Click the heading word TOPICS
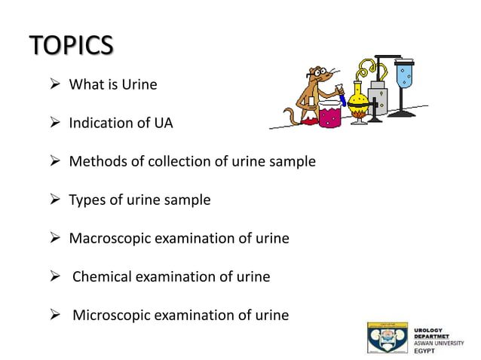point(72,46)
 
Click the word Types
point(87,200)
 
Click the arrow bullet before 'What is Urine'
point(54,84)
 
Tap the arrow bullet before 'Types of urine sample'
point(54,200)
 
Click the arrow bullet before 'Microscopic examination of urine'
point(54,315)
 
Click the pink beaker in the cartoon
point(329,116)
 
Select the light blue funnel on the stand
point(406,75)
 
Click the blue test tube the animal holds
point(342,97)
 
